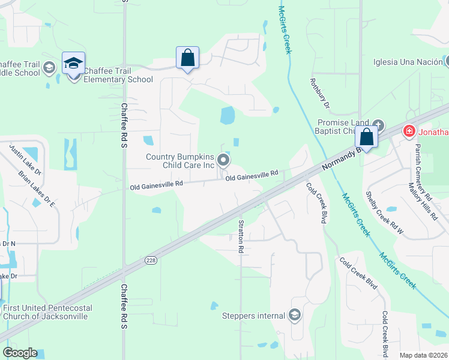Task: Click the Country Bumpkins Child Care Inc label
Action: coord(180,161)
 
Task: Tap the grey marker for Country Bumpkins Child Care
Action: coord(223,160)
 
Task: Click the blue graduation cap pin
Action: coord(73,63)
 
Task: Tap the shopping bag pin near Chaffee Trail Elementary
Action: coord(187,58)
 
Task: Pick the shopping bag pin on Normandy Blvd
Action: coord(367,137)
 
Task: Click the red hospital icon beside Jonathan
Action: coord(409,130)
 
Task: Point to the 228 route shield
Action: coord(151,260)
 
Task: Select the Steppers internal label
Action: coord(253,316)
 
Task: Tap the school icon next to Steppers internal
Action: coord(294,315)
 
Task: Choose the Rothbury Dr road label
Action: coord(319,93)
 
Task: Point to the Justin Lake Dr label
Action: coord(25,160)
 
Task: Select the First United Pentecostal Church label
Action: coord(47,312)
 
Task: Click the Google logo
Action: coord(20,353)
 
